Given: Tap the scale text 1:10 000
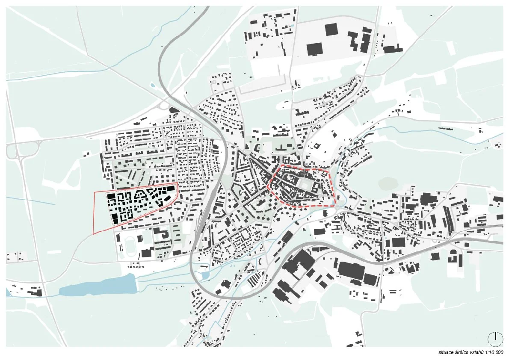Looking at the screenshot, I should [x=493, y=353].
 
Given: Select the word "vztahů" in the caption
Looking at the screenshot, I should [x=476, y=353].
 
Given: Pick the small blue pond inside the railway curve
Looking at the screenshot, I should [x=205, y=274].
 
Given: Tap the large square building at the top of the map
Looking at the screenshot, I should [x=331, y=30].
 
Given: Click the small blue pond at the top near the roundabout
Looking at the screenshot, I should [x=152, y=85].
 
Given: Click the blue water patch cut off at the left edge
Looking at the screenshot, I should [x=8, y=292].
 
